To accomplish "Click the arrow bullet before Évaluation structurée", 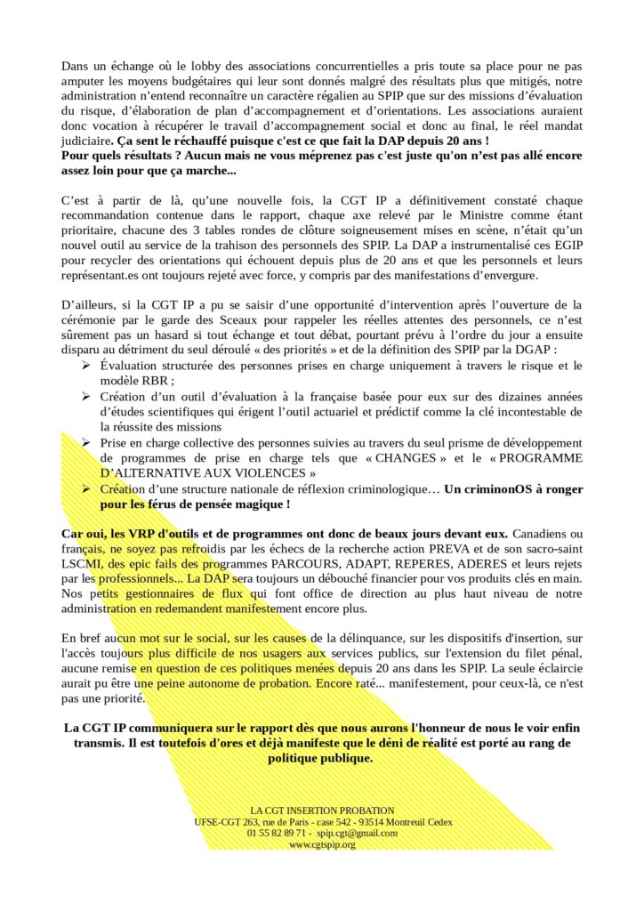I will pos(85,367).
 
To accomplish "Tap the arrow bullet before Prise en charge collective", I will pos(85,443).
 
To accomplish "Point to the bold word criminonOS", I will pos(487,488).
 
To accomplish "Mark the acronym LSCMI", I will pos(82,562).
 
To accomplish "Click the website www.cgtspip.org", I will pos(322,845).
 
